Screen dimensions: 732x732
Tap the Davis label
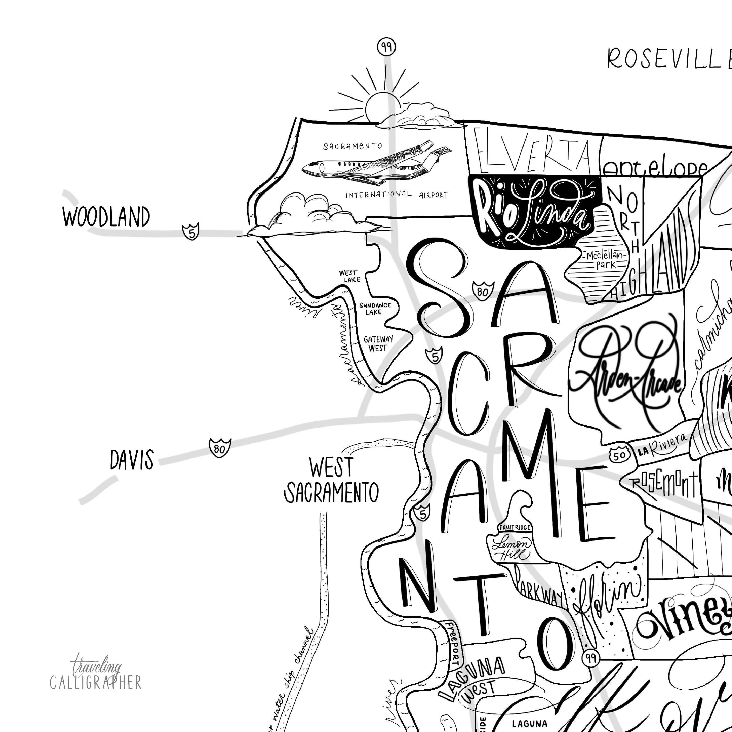[x=132, y=460]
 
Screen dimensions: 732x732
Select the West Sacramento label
[x=331, y=481]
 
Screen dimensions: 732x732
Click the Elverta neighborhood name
[x=532, y=155]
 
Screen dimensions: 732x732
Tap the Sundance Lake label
[x=375, y=308]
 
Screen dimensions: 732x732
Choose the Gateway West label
[x=378, y=343]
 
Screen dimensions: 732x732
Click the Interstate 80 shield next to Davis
[x=220, y=447]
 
